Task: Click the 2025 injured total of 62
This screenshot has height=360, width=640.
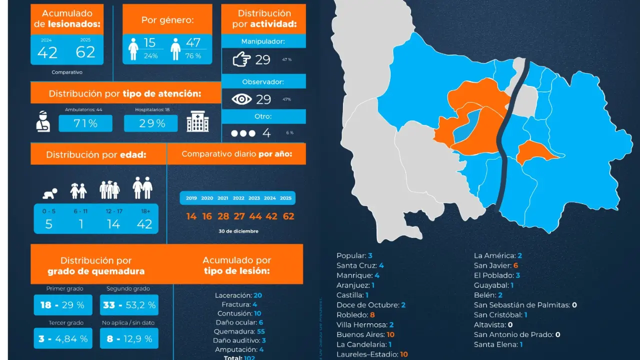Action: (x=85, y=51)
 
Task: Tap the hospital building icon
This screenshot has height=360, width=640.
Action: (x=197, y=121)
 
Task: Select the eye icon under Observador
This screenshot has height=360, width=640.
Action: (x=241, y=99)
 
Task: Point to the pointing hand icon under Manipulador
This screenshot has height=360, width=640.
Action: (x=241, y=59)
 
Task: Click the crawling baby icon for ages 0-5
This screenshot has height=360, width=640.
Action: (x=49, y=191)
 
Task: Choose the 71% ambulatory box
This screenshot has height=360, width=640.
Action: (x=85, y=123)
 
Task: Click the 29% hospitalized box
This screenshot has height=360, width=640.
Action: (x=151, y=123)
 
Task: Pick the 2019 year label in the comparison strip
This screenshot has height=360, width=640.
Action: (x=191, y=198)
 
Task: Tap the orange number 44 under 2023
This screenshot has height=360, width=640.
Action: (x=255, y=216)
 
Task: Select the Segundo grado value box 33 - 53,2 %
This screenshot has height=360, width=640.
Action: (x=129, y=305)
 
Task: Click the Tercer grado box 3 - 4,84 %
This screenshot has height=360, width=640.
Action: (x=63, y=338)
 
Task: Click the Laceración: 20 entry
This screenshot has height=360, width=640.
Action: (x=238, y=295)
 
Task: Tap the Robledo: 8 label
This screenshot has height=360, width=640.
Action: (x=355, y=315)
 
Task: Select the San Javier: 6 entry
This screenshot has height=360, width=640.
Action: (x=496, y=265)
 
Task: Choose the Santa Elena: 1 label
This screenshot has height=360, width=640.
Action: (x=498, y=344)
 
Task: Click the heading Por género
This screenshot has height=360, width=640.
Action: (x=167, y=20)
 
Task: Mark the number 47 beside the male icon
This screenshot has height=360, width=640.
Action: (x=193, y=43)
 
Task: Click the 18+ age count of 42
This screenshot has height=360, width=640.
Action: (x=144, y=224)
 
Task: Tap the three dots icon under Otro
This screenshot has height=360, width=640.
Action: (x=243, y=133)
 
